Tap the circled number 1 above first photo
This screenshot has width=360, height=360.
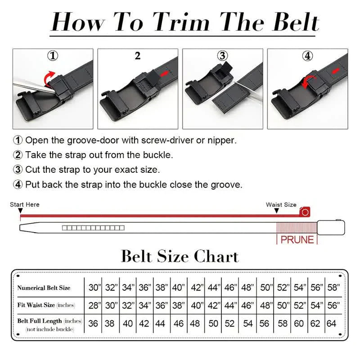pos(53,56)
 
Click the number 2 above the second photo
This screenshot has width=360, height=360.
pos(138,56)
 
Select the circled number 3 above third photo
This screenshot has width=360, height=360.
pos(222,56)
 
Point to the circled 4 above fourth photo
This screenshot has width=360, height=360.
pos(307,56)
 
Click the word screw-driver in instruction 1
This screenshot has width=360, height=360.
pos(168,140)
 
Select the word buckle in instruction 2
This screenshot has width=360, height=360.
pos(157,155)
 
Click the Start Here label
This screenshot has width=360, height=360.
pos(25,205)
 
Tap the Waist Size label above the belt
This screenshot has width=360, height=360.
pos(281,205)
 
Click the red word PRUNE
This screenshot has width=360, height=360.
pos(297,239)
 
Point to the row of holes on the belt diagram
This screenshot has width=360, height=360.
pos(93,228)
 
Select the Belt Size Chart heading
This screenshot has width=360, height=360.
pos(180,256)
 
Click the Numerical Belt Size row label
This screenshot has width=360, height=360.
pos(44,288)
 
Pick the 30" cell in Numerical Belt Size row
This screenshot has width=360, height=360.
pos(94,288)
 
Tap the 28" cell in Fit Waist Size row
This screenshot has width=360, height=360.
pos(94,306)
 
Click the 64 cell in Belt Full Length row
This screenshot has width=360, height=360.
pos(331,323)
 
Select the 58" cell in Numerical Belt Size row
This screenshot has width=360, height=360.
pos(333,288)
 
